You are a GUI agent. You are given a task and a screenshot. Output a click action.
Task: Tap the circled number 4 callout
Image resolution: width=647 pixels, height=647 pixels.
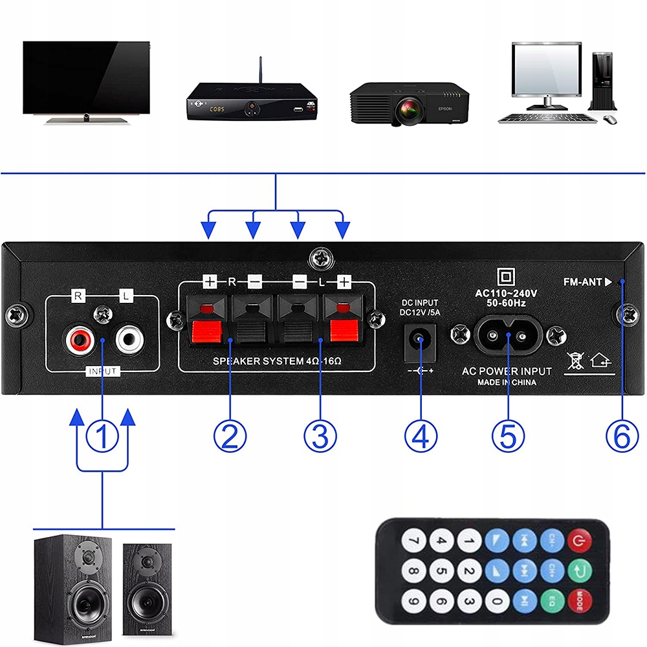[x=421, y=435]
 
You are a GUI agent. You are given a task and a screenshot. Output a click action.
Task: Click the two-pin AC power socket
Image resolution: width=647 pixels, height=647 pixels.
[x=509, y=334]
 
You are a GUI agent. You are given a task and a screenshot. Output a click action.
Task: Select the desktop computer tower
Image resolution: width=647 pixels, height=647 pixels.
[x=601, y=81]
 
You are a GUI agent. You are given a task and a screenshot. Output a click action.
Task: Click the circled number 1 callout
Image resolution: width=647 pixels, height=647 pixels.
[x=102, y=435]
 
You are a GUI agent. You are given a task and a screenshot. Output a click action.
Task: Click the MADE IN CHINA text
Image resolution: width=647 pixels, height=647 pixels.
[x=507, y=383]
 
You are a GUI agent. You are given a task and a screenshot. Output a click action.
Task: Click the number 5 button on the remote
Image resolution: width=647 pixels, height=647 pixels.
[x=441, y=571]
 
